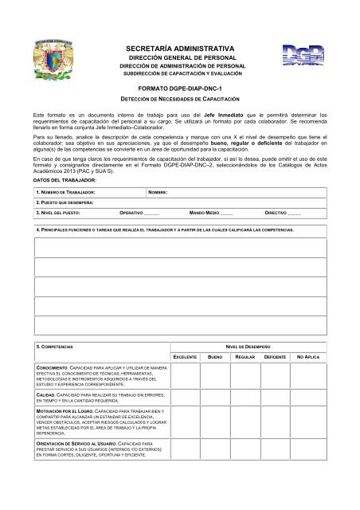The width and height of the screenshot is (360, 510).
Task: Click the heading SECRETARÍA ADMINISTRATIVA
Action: pyautogui.click(x=180, y=49)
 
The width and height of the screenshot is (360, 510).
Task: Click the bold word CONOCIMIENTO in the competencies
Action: pyautogui.click(x=51, y=368)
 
